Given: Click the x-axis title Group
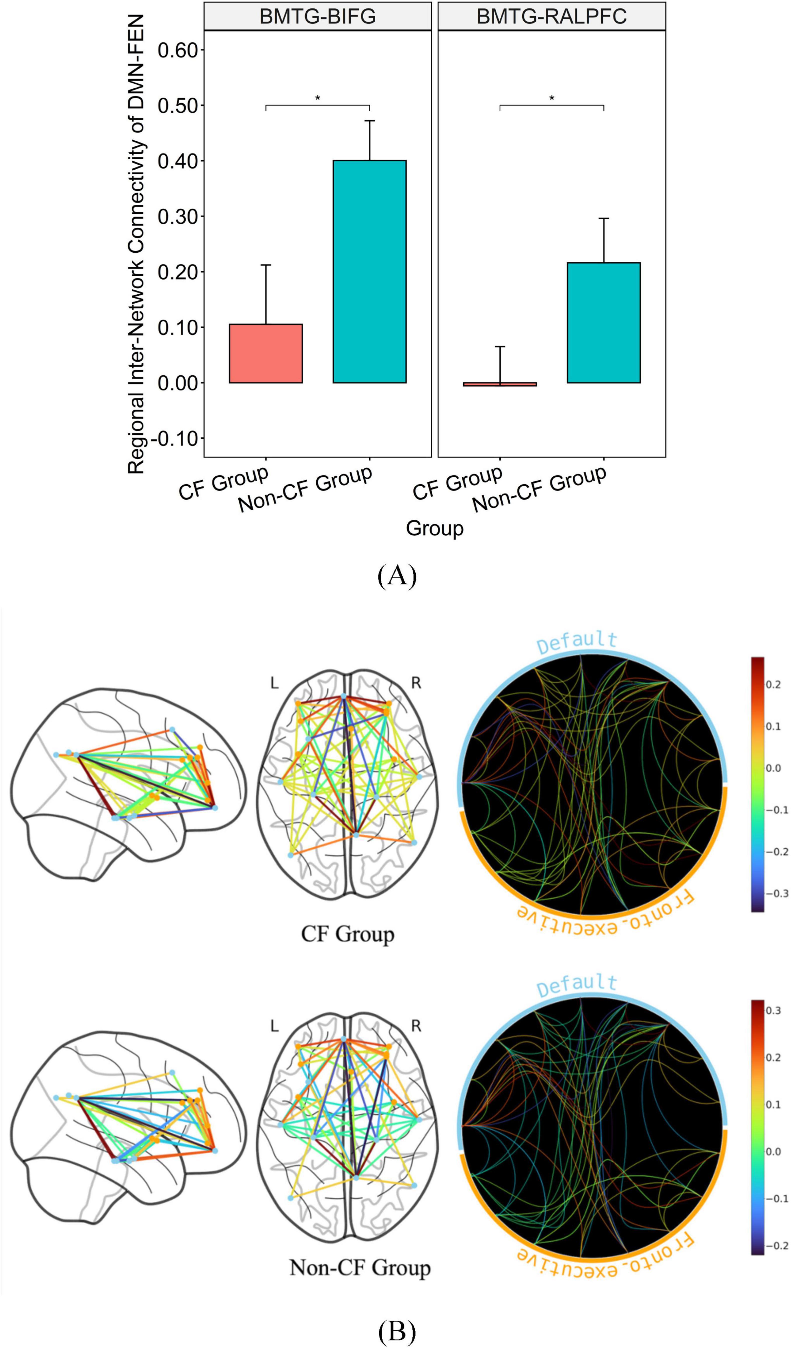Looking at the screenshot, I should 434,528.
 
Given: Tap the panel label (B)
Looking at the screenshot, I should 396,1330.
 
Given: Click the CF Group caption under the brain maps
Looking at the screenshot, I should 348,934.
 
